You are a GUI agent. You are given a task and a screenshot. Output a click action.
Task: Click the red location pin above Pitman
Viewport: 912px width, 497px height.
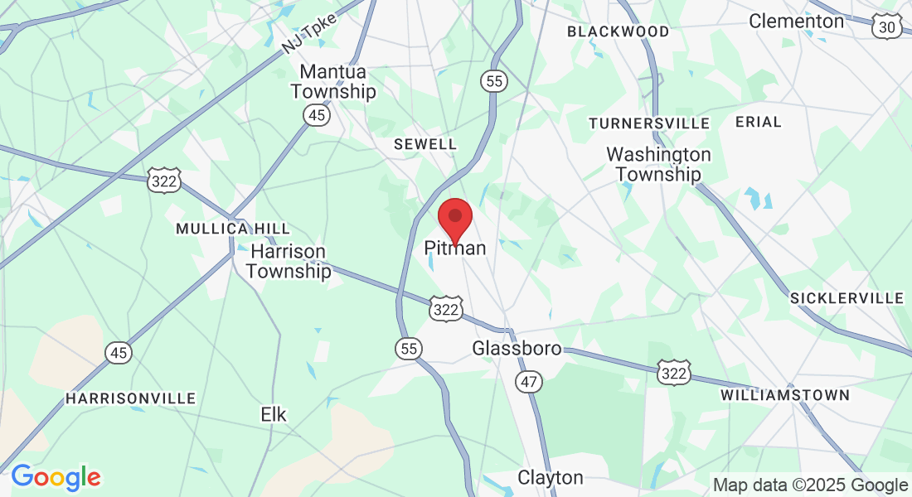(x=454, y=217)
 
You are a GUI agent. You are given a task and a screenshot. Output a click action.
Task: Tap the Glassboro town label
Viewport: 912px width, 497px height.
(x=517, y=349)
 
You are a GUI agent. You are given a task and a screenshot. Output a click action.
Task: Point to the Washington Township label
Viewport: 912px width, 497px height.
(x=658, y=164)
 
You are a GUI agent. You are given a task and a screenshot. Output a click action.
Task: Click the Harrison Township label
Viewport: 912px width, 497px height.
(x=289, y=261)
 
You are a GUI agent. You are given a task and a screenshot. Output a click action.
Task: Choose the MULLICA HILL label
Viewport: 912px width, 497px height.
(x=233, y=229)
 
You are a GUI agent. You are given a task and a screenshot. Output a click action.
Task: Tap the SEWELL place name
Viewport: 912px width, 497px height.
(x=424, y=144)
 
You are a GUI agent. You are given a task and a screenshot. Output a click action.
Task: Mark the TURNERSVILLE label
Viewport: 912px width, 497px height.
(x=649, y=123)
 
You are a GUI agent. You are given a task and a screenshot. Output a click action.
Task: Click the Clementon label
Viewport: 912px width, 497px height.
(x=796, y=21)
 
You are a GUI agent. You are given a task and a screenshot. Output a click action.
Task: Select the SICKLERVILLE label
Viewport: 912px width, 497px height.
(x=847, y=298)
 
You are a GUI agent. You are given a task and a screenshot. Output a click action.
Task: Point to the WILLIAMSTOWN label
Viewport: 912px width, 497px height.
(x=785, y=395)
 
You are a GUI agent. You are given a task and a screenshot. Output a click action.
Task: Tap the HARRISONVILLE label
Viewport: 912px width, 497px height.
(x=131, y=398)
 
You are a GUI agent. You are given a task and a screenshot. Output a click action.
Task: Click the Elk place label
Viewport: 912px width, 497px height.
(x=274, y=414)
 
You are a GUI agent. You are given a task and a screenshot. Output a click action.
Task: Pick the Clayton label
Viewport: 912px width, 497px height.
(x=551, y=478)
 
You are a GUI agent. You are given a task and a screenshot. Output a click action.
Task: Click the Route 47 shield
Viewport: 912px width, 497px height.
(x=528, y=382)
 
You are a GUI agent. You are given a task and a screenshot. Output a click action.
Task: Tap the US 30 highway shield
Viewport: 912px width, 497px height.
(x=886, y=27)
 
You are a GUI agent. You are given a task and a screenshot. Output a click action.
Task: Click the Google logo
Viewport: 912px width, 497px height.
(x=56, y=477)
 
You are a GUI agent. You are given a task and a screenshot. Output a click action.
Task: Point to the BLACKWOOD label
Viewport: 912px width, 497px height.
(x=618, y=31)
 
